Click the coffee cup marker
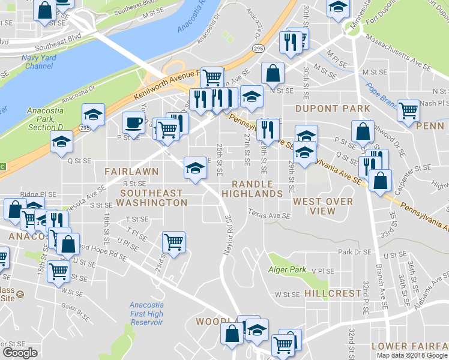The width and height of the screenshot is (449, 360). (133, 123)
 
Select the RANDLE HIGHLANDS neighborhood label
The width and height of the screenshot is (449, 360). (252, 189)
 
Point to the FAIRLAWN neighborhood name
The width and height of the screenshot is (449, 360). (131, 171)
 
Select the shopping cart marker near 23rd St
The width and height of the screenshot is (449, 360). (174, 242)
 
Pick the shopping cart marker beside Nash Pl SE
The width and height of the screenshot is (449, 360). (408, 110)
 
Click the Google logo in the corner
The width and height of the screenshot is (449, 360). (20, 353)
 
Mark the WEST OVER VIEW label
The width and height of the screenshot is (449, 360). (323, 206)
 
